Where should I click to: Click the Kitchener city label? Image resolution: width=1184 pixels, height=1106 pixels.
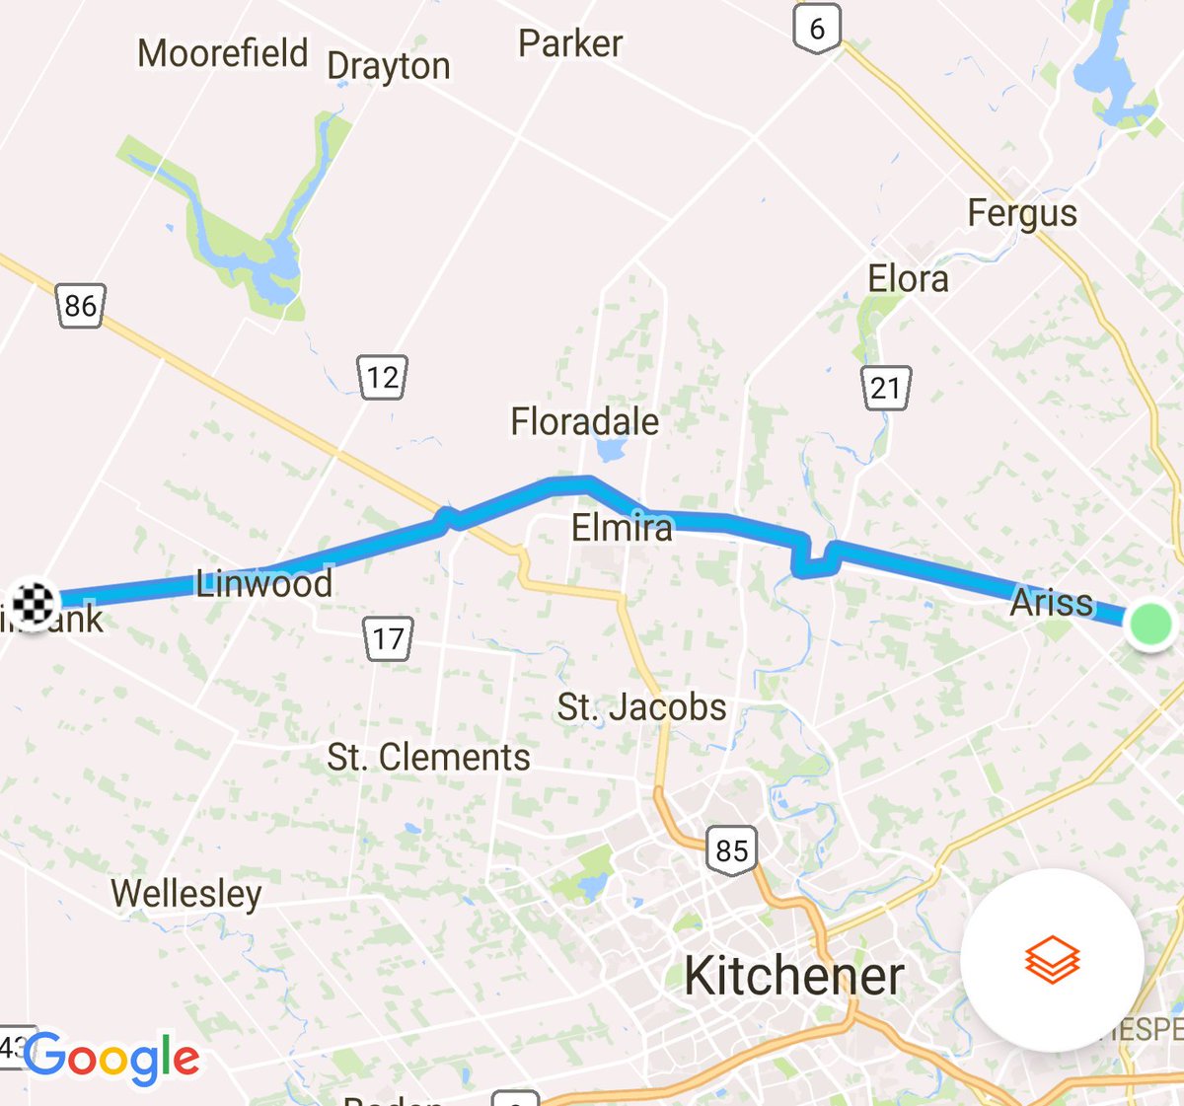pos(794,976)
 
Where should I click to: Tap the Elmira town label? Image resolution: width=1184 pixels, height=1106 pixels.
pos(622,528)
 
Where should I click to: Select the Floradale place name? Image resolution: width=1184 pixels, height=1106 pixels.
pos(584,421)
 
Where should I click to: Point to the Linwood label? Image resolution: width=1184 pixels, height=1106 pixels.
pos(263,583)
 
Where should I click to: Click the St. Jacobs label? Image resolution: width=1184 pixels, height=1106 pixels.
pos(641,707)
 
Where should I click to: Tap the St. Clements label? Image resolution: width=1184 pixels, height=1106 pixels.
pos(428,757)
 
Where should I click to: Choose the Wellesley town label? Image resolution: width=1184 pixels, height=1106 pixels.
pos(186,894)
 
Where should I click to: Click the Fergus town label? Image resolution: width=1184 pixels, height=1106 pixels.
pos(1022,213)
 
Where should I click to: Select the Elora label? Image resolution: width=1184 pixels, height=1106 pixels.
pos(908,279)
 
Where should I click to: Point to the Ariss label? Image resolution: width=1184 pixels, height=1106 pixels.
pos(1052,602)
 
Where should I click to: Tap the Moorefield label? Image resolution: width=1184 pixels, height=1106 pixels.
pos(223,53)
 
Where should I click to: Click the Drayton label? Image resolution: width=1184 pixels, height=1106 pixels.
pos(389,67)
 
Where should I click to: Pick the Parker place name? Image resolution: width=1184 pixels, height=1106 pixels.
pos(570,43)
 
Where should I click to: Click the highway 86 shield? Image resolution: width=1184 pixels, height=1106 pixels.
pos(80,305)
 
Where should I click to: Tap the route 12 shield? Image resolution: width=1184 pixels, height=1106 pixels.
pos(382,376)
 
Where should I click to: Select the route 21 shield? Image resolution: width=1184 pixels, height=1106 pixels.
pos(885,387)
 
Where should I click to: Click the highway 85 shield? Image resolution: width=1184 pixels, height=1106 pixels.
pos(732,849)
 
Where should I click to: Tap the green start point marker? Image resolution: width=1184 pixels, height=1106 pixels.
pos(1149,624)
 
